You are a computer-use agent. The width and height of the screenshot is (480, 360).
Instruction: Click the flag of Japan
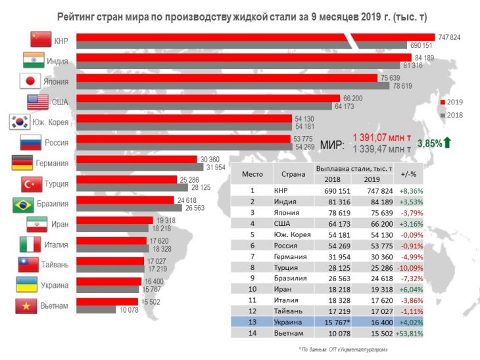[30, 81]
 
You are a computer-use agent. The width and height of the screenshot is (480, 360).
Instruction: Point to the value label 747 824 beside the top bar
[448, 37]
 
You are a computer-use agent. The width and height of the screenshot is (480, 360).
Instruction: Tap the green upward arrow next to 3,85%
[446, 143]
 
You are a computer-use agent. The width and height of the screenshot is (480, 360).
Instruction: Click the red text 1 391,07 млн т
[382, 137]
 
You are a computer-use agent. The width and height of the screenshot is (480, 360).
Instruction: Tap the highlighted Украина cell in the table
[289, 323]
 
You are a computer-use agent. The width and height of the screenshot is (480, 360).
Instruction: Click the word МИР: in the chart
[332, 143]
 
